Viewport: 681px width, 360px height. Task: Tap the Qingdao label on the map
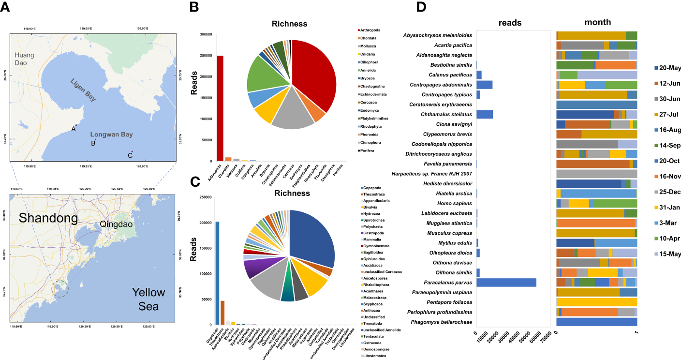pyautogui.click(x=116, y=224)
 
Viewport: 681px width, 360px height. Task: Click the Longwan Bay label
pyautogui.click(x=111, y=135)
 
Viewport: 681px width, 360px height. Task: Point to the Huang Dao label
pyautogui.click(x=24, y=60)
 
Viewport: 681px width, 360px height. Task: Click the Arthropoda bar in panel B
pyautogui.click(x=220, y=108)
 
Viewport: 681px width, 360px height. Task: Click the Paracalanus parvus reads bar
pyautogui.click(x=506, y=283)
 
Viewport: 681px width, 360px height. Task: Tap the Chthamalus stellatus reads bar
pyautogui.click(x=485, y=114)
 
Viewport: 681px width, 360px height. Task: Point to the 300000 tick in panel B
pyautogui.click(x=206, y=34)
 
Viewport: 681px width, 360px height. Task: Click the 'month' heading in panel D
pyautogui.click(x=597, y=22)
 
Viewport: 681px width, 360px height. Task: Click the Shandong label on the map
pyautogui.click(x=48, y=218)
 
